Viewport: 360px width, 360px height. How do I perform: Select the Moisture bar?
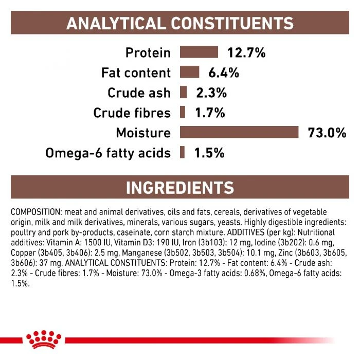pos(239,133)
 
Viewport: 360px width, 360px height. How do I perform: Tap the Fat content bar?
pos(189,73)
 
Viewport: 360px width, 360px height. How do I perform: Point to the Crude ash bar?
pos(183,93)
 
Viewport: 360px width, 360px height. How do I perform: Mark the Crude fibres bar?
pos(183,113)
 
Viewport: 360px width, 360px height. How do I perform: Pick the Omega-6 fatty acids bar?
pos(182,153)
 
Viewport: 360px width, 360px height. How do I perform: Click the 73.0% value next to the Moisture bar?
pos(327,133)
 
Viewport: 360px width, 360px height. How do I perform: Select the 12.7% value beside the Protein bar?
pos(246,52)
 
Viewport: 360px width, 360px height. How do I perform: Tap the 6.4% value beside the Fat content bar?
pos(224,73)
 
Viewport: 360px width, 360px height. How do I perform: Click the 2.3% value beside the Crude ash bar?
pos(211,93)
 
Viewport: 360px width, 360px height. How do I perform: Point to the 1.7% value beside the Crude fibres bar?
pos(209,113)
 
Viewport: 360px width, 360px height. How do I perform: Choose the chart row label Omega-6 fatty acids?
pos(108,153)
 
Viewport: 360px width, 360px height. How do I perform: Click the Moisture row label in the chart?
pos(143,133)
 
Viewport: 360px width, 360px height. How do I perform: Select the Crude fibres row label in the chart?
pos(132,113)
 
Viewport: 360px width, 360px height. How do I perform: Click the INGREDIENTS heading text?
pos(179,188)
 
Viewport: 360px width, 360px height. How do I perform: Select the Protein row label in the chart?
pos(148,52)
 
